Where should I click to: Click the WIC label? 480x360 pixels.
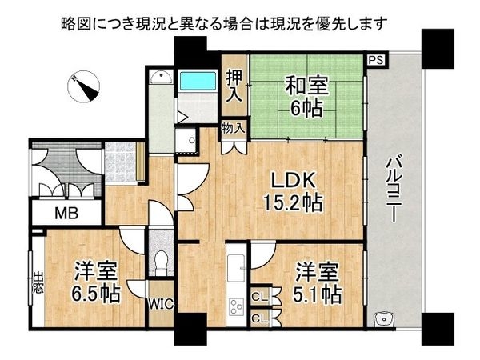click(x=161, y=304)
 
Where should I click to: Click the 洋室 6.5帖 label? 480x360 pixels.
click(x=98, y=282)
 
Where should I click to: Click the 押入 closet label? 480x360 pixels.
click(x=234, y=86)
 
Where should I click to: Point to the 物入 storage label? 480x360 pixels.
click(x=234, y=128)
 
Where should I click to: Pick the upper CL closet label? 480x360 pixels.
click(x=259, y=298)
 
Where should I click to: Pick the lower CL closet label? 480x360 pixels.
click(x=259, y=318)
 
